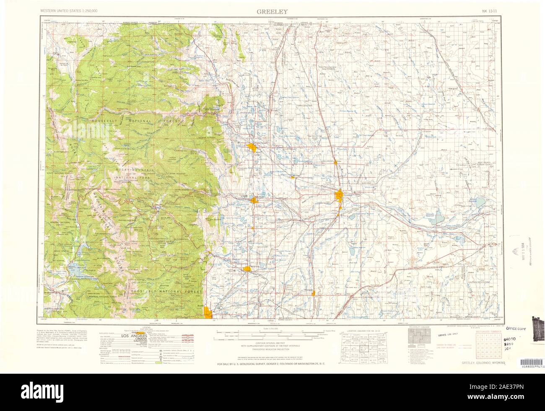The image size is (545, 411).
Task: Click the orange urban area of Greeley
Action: click(x=339, y=195)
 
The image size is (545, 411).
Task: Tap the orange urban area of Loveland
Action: click(x=253, y=200)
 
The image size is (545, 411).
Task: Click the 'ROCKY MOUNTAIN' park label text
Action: click(x=133, y=170)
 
